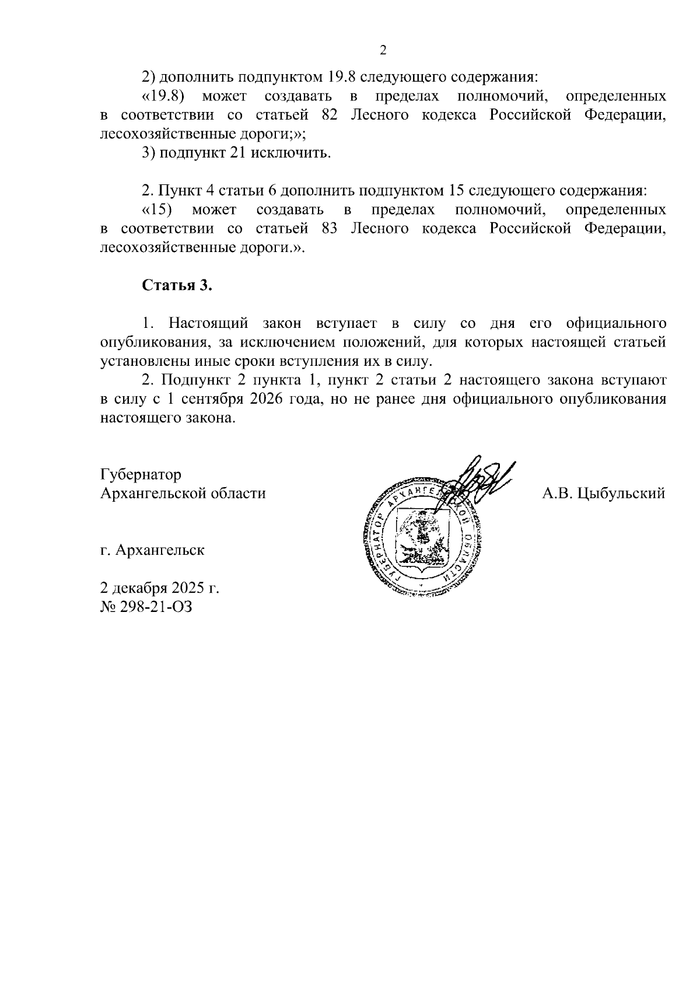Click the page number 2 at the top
tap(383, 50)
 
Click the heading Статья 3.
tap(174, 285)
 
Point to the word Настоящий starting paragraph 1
tap(208, 323)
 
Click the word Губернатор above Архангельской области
tap(141, 474)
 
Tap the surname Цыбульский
tap(622, 494)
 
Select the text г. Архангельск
tap(152, 550)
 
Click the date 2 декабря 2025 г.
tap(160, 587)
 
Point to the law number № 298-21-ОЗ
tap(146, 607)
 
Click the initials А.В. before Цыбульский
tap(558, 494)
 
